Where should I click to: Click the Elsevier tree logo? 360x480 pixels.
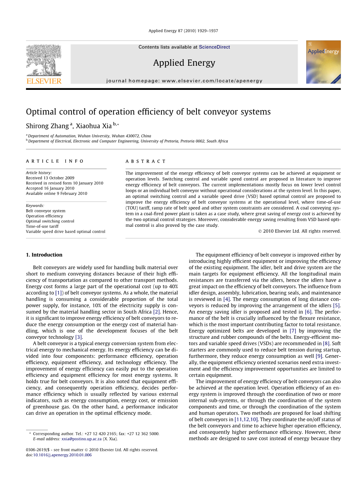click(x=44, y=61)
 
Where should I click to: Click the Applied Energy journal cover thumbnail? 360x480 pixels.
click(x=323, y=62)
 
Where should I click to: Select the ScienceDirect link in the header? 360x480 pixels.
click(x=214, y=47)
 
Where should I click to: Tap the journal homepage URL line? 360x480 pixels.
click(x=184, y=81)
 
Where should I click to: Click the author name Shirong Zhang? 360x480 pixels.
click(x=47, y=126)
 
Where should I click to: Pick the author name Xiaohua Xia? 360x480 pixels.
click(x=93, y=126)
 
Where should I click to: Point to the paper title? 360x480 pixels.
click(x=148, y=112)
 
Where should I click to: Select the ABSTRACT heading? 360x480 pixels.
click(x=146, y=161)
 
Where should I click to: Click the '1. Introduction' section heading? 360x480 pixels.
click(x=44, y=255)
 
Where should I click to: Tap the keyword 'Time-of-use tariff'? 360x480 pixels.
click(x=42, y=226)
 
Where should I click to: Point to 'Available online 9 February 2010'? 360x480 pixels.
click(x=56, y=193)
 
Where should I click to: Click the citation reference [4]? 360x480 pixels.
click(x=226, y=299)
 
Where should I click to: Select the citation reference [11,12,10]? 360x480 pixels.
click(x=246, y=419)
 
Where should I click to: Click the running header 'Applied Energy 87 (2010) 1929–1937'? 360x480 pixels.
click(x=183, y=31)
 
